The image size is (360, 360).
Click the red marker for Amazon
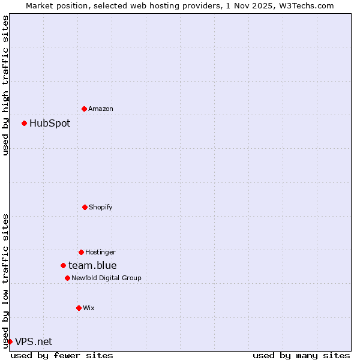[x=84, y=109]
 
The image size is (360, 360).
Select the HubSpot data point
[x=24, y=123]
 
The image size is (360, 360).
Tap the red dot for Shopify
[x=85, y=207]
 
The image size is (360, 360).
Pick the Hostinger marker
[x=81, y=252]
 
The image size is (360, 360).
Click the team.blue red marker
[x=63, y=265]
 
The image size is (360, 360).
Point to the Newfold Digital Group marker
[x=67, y=278]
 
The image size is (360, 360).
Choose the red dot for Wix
[x=79, y=308]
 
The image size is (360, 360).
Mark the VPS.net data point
[x=10, y=341]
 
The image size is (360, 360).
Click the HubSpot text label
[x=50, y=124]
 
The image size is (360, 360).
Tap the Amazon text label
[x=101, y=109]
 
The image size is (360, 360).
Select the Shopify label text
[x=101, y=208]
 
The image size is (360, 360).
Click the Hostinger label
[x=100, y=253]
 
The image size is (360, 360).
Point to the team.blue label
[x=92, y=266]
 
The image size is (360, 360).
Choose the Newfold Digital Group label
[x=106, y=278]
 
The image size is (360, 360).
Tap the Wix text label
[x=89, y=308]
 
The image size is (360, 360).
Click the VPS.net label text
[x=34, y=342]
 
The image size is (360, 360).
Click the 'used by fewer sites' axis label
[x=62, y=355]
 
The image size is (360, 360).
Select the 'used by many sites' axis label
[x=301, y=355]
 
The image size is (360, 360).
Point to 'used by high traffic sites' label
[x=6, y=85]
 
